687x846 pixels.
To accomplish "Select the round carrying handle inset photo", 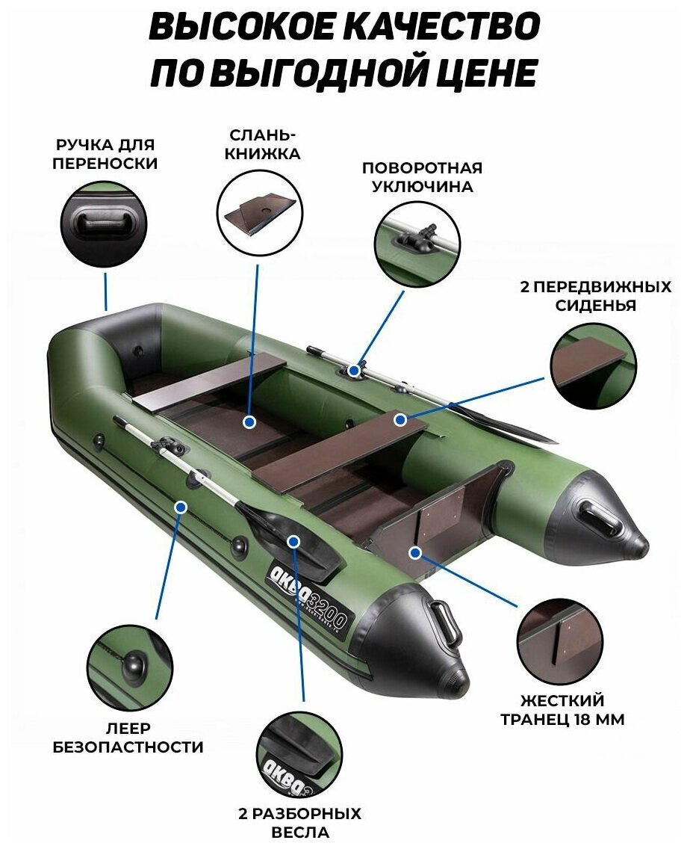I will click(x=104, y=223).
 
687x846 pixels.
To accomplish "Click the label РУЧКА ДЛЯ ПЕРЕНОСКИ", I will click(x=105, y=154).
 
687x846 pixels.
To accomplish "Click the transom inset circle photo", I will click(x=561, y=636).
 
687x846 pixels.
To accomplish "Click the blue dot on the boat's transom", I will click(x=415, y=553).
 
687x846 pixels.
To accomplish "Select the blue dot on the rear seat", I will click(x=401, y=419).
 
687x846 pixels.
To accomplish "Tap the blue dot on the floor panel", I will click(x=249, y=422).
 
